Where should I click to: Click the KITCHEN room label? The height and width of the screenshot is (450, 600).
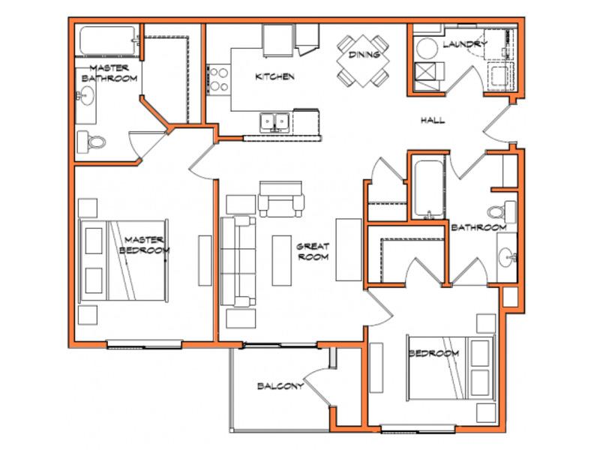pyautogui.click(x=274, y=76)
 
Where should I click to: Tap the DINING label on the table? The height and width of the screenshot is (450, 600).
pyautogui.click(x=364, y=55)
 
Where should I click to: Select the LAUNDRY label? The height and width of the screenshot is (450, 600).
pyautogui.click(x=465, y=44)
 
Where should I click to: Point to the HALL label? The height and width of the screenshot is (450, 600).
pyautogui.click(x=433, y=120)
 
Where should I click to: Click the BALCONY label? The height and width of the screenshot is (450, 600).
pyautogui.click(x=280, y=385)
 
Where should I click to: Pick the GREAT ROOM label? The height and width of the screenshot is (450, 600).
pyautogui.click(x=313, y=251)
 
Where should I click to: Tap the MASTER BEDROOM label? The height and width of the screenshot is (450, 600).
pyautogui.click(x=144, y=245)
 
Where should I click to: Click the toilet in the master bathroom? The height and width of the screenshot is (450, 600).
pyautogui.click(x=91, y=142)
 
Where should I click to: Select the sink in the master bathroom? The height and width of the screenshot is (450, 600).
pyautogui.click(x=86, y=96)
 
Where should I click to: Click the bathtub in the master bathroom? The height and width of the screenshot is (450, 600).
pyautogui.click(x=107, y=40)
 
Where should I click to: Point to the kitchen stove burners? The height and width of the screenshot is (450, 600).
pyautogui.click(x=219, y=79)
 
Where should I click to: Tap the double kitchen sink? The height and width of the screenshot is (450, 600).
pyautogui.click(x=274, y=122)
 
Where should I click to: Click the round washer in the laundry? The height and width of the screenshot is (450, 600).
pyautogui.click(x=427, y=49)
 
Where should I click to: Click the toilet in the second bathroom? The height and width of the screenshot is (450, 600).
pyautogui.click(x=502, y=211)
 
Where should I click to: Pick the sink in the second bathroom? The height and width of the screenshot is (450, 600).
pyautogui.click(x=508, y=256)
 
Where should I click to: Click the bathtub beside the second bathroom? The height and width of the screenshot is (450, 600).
pyautogui.click(x=428, y=188)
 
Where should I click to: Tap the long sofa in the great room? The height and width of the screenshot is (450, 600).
pyautogui.click(x=238, y=262)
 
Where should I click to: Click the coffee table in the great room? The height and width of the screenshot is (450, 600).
pyautogui.click(x=282, y=260)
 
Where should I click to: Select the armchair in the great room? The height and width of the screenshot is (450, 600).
pyautogui.click(x=280, y=199)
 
